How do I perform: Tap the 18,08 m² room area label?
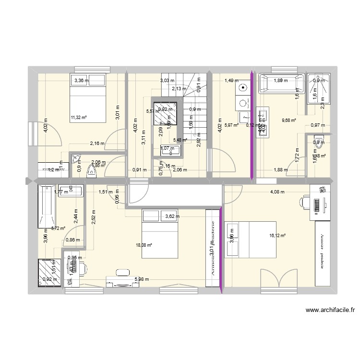pyautogui.click(x=145, y=245)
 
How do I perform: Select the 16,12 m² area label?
pyautogui.click(x=278, y=236)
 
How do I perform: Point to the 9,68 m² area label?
pyautogui.click(x=289, y=120)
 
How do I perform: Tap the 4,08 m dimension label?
pyautogui.click(x=277, y=192)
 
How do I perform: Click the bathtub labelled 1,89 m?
pyautogui.click(x=281, y=83)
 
